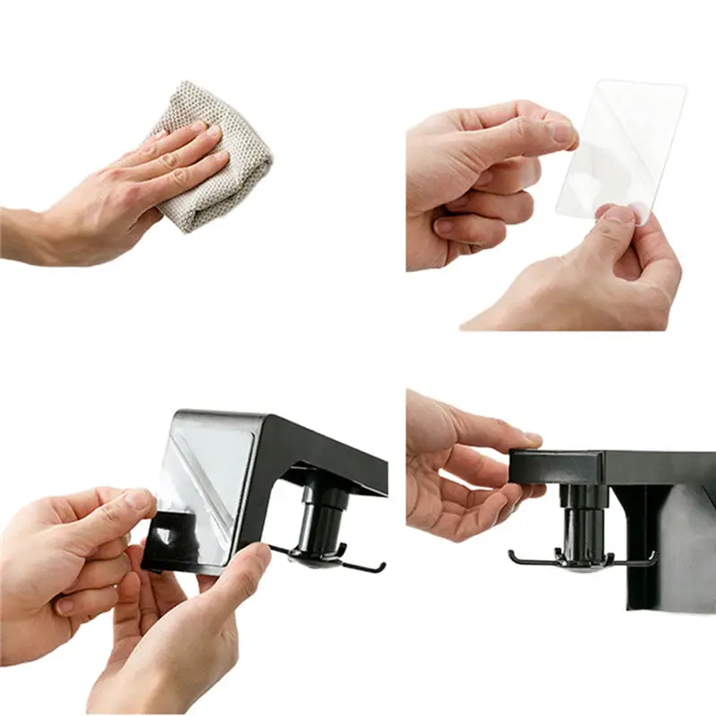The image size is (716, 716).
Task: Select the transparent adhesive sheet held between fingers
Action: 618,143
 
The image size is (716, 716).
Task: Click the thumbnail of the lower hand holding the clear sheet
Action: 617,215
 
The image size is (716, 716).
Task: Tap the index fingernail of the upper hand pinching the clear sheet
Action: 562,132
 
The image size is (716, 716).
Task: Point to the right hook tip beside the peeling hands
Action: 382,567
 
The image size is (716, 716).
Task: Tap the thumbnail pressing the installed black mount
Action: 532,438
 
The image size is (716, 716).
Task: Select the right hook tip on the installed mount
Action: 653,556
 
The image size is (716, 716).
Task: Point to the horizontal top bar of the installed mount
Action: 618,466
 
